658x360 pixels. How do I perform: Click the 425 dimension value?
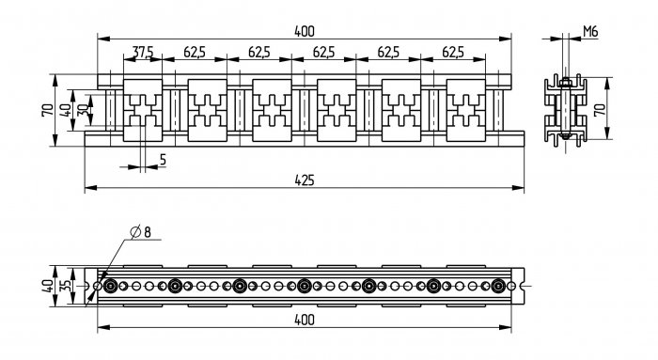(305, 180)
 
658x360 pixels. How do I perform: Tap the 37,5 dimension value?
(143, 52)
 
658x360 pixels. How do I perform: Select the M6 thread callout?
(590, 31)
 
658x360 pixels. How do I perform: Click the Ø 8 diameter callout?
(141, 231)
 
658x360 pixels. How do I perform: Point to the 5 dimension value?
(163, 160)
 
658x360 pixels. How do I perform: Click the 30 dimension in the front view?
(84, 110)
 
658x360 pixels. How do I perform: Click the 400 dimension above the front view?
(305, 31)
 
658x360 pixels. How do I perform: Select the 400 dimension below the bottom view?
(305, 321)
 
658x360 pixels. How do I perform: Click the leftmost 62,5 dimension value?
(195, 52)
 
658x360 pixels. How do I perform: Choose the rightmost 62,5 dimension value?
(453, 52)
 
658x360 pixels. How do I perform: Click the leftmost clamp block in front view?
(143, 110)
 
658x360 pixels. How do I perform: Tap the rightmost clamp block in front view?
(466, 110)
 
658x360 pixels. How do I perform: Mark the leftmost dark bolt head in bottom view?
(110, 286)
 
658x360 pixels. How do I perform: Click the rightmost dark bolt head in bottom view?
(498, 286)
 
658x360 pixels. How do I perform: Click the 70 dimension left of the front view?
(48, 110)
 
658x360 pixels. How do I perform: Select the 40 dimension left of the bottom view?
(48, 286)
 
